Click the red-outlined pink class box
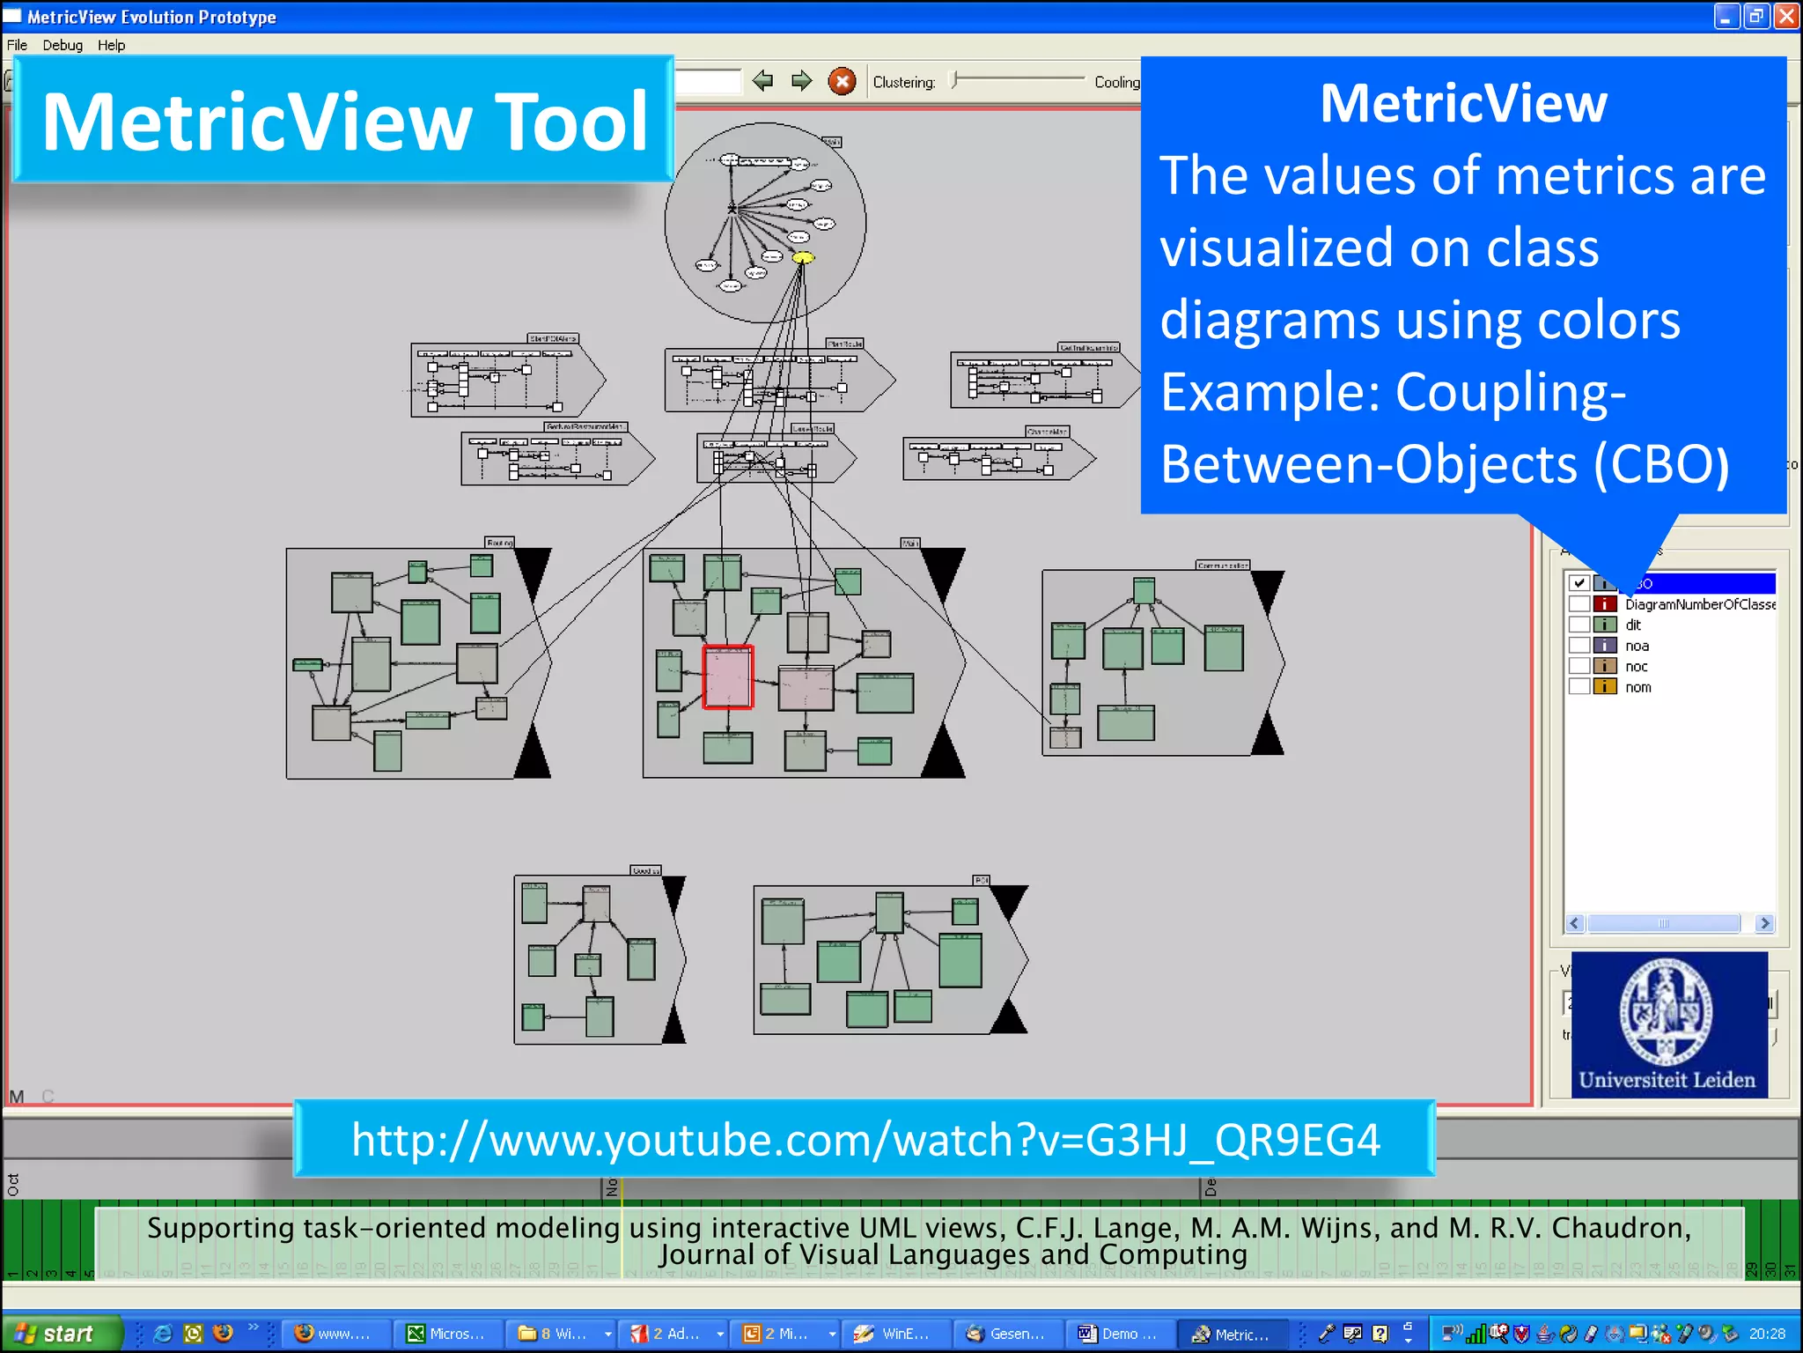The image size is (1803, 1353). (x=727, y=676)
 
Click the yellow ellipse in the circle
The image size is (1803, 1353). (x=803, y=258)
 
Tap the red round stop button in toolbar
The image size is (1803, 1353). (x=842, y=82)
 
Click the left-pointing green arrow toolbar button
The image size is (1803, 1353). (x=762, y=81)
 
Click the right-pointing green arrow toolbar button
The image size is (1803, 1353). (x=801, y=81)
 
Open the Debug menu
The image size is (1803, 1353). (x=63, y=45)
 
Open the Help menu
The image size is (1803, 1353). (x=111, y=45)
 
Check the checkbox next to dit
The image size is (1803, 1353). (x=1579, y=625)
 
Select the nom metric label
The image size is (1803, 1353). (x=1637, y=687)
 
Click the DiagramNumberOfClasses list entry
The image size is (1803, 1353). (x=1699, y=604)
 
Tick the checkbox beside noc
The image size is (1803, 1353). (x=1579, y=666)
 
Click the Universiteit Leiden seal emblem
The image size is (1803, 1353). (x=1666, y=1011)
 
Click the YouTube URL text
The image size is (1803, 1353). (x=865, y=1140)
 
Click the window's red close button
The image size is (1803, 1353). (x=1786, y=17)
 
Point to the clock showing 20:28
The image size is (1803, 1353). (x=1766, y=1334)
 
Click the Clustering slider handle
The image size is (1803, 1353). (x=954, y=80)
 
